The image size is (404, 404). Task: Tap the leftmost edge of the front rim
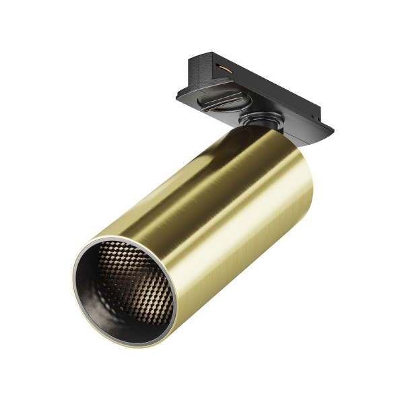click(x=73, y=283)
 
